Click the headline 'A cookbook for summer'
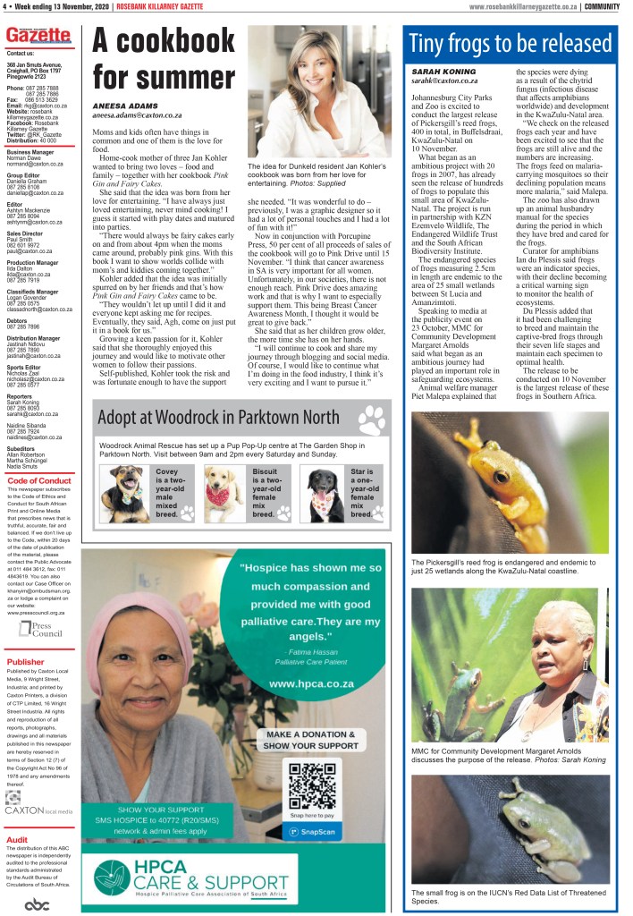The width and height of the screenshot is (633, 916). coord(164,57)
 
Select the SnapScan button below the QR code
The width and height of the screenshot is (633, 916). coord(312,832)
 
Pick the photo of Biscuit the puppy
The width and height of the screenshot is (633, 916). coord(224,494)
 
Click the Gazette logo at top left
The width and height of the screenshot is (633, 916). coord(38,37)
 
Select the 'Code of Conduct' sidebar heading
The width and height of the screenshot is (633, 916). coord(38,480)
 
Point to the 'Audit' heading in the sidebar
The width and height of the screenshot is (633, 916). coord(17,840)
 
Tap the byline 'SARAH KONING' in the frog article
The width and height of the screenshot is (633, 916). coord(444,71)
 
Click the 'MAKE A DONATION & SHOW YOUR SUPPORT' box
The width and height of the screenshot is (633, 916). coord(312,740)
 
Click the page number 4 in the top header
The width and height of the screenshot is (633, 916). coord(5,7)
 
